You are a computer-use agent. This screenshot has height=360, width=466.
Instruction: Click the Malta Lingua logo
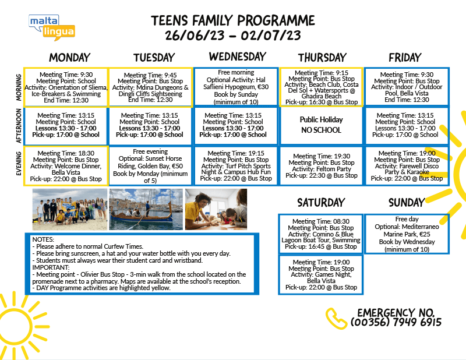(52, 26)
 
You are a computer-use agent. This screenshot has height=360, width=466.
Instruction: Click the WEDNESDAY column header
(237, 57)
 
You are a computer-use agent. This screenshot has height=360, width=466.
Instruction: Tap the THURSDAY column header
(321, 57)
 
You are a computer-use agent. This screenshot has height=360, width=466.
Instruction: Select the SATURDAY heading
(320, 202)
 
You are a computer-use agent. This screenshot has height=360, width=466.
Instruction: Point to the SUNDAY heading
(406, 202)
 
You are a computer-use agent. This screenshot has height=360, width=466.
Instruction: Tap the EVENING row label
(19, 164)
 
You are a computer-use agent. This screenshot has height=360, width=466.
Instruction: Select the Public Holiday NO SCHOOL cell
(321, 125)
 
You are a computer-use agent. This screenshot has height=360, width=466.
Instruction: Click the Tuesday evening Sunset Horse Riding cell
(151, 165)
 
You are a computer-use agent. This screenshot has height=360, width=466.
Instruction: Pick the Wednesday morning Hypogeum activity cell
(236, 86)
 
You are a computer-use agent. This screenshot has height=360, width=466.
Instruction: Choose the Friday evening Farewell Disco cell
(407, 165)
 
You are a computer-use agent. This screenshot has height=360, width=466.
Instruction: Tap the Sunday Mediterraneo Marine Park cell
(407, 234)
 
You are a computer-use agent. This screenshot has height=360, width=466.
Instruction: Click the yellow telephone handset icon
(336, 317)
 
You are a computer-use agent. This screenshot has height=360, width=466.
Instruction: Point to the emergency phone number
(396, 322)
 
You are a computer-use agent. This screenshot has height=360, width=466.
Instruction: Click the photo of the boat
(146, 209)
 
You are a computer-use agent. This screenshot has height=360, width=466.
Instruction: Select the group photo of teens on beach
(69, 209)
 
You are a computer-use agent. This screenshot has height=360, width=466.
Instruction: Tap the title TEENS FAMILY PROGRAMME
(233, 20)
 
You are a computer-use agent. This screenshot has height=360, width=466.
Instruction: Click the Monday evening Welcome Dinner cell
(66, 165)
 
